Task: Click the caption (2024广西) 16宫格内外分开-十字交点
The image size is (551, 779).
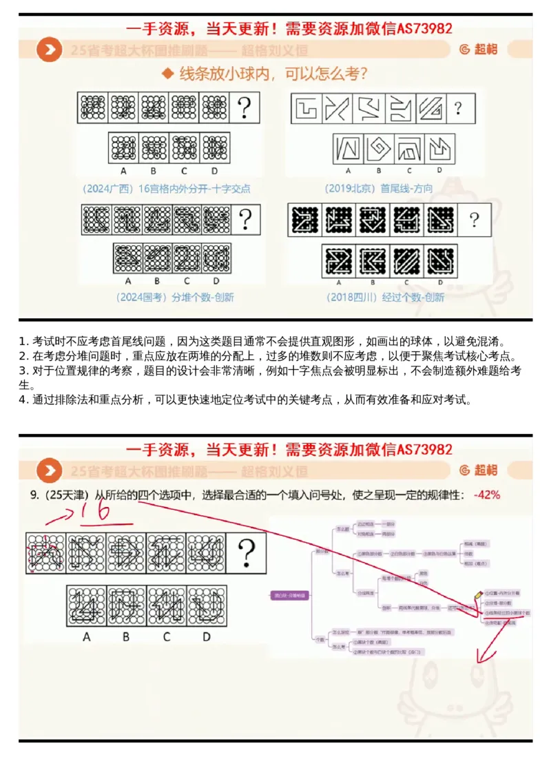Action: [165, 188]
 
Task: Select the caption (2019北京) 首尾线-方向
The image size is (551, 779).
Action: [375, 188]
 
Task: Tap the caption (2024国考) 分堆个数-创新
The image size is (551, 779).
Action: [165, 297]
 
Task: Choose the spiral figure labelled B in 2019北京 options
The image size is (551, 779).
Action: [377, 148]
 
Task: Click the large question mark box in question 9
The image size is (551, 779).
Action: [246, 552]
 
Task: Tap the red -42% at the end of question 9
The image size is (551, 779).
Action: [486, 495]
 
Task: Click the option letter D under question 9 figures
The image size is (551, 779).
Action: [206, 637]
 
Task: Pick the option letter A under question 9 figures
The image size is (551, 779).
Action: [86, 637]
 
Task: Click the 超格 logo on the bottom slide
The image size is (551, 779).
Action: [478, 470]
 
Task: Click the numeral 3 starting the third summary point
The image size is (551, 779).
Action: [23, 371]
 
